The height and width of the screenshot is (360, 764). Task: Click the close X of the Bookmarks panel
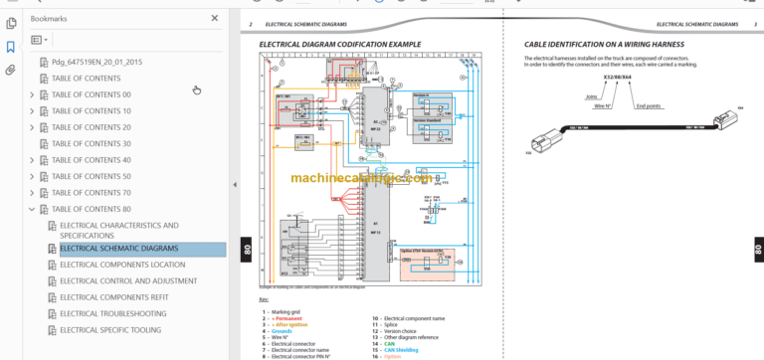[215, 18]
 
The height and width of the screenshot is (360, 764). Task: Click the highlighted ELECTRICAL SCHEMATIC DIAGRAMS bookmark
[118, 249]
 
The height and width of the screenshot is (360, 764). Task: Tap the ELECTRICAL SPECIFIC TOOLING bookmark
[110, 330]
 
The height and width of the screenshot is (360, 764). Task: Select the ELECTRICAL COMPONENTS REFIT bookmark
[113, 297]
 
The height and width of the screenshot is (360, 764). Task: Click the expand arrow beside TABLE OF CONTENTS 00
[32, 95]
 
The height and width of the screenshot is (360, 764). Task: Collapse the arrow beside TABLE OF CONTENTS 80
[32, 209]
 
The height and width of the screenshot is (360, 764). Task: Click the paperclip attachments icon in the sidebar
[10, 70]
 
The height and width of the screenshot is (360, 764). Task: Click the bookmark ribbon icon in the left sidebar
[10, 46]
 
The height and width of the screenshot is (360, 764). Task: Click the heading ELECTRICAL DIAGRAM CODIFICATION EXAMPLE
[340, 45]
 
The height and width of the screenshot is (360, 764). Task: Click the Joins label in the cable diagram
[591, 97]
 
